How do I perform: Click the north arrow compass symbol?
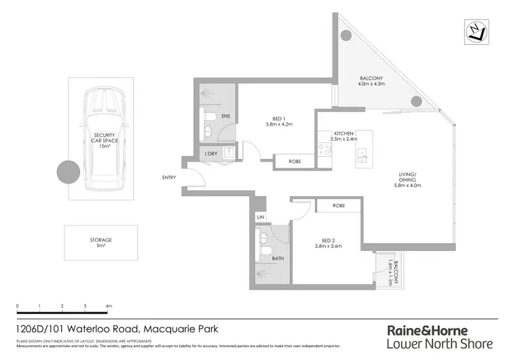478,31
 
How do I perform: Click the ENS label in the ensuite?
225,117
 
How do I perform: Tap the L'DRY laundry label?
211,154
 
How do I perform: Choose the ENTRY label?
169,178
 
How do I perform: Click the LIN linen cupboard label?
261,217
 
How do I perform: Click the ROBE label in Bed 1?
295,162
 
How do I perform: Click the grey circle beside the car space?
68,172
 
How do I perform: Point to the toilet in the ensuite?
210,117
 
